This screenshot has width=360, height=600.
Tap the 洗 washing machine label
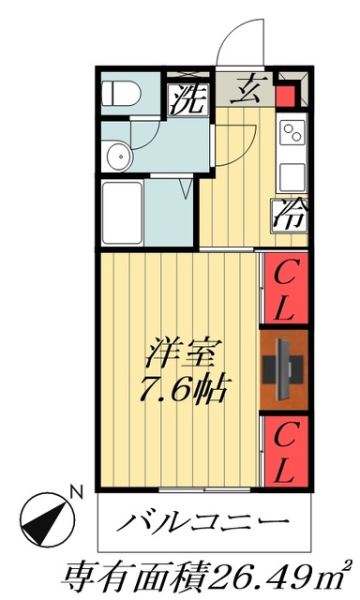pos(187,99)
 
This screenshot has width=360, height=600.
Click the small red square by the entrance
pos(288,97)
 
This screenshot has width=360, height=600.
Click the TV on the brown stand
pos(284,369)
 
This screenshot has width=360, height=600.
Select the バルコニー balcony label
pos(200,522)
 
